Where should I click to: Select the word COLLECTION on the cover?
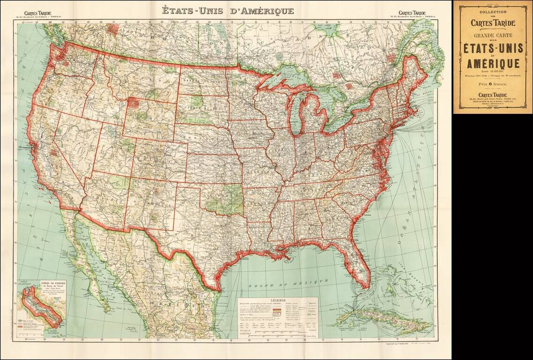492,11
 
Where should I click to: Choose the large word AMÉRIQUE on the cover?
492,63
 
